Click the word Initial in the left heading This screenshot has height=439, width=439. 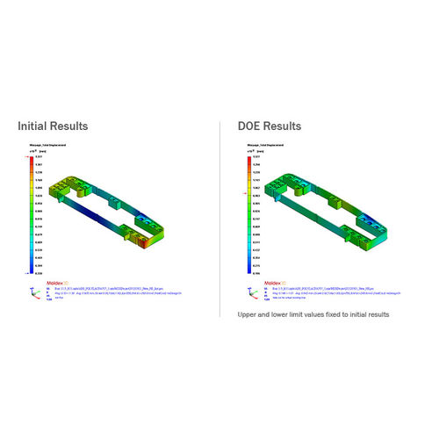33,126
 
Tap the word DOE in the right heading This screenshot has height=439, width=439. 252,126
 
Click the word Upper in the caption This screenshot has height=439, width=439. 250,313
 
